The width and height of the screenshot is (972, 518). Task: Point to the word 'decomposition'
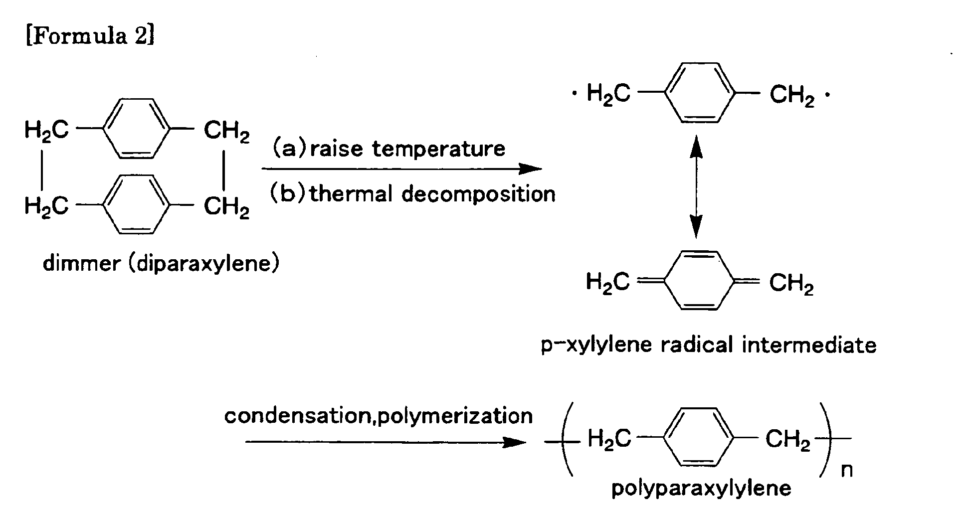479,193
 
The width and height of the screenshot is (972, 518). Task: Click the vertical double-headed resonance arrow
696,189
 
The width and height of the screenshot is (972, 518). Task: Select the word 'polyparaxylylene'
701,488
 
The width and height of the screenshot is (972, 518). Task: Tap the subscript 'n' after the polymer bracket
847,470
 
